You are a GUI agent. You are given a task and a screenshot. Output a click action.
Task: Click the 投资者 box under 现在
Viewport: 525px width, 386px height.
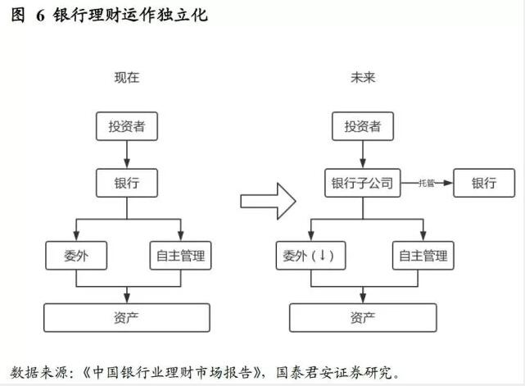(x=127, y=126)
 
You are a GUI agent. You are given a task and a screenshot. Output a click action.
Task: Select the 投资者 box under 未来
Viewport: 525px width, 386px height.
(x=363, y=126)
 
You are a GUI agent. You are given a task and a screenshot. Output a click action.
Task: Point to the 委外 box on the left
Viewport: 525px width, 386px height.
(x=75, y=255)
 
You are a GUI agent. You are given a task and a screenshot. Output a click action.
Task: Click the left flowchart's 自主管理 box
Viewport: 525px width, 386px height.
(x=179, y=255)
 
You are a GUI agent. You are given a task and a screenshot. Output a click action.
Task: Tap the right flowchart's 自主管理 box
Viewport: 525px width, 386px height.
(x=423, y=255)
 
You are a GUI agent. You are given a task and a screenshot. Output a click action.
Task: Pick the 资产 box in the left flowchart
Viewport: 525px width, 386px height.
(x=127, y=317)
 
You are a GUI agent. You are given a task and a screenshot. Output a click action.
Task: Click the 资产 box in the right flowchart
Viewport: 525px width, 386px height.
(x=363, y=317)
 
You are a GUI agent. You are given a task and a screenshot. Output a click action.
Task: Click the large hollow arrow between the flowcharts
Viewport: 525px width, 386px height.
(x=267, y=199)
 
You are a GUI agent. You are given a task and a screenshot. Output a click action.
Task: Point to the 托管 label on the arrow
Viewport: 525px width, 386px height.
(x=426, y=182)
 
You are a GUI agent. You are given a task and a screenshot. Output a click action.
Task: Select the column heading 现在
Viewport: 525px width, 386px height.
(x=127, y=78)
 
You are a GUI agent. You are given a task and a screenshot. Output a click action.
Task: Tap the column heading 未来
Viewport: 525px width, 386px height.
(x=363, y=78)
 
